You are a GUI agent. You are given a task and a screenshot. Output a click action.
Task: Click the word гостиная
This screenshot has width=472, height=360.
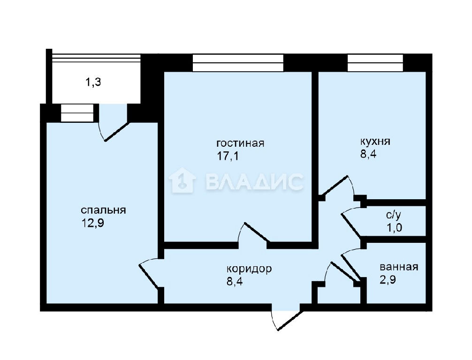[240, 143]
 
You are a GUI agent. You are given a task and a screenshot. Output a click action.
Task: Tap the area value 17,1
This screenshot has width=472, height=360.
[228, 156]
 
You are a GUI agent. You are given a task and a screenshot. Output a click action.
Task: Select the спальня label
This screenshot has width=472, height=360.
[103, 210]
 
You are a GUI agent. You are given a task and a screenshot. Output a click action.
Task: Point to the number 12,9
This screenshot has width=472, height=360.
[92, 223]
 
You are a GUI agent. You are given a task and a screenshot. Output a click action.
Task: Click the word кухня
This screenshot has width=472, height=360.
[375, 142]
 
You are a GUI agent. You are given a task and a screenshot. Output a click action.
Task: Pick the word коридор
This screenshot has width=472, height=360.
[249, 269]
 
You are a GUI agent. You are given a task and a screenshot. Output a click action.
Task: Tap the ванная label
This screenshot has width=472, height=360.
[399, 267]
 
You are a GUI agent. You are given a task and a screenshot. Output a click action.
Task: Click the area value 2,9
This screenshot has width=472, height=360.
[388, 280]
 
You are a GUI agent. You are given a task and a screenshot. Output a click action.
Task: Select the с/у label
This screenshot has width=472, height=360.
[394, 215]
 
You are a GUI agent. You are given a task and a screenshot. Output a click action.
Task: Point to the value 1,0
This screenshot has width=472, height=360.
[394, 228]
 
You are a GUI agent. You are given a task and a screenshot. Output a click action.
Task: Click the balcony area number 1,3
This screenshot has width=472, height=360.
[93, 82]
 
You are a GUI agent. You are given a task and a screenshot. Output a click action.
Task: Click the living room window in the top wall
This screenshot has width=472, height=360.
[238, 63]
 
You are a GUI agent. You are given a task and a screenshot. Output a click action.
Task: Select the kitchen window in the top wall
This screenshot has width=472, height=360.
[375, 63]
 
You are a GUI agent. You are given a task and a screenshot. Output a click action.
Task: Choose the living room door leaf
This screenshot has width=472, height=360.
[257, 232]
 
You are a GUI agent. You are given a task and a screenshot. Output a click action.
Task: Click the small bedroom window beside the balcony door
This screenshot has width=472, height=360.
[77, 113]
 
